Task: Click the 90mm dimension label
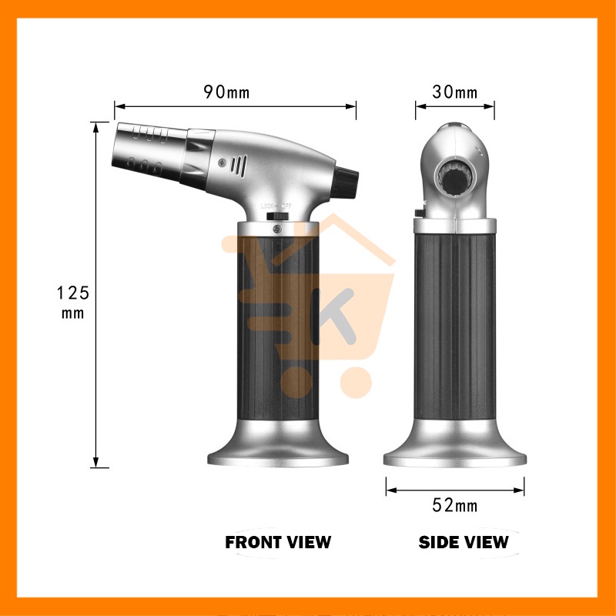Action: (x=226, y=92)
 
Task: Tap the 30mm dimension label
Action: (x=455, y=92)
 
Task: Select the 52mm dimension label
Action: (x=455, y=505)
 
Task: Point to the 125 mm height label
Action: (x=73, y=302)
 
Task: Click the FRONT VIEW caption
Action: (x=278, y=542)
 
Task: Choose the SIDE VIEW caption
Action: (x=464, y=542)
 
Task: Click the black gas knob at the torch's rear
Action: (x=345, y=182)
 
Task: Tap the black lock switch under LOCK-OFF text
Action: (x=277, y=216)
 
